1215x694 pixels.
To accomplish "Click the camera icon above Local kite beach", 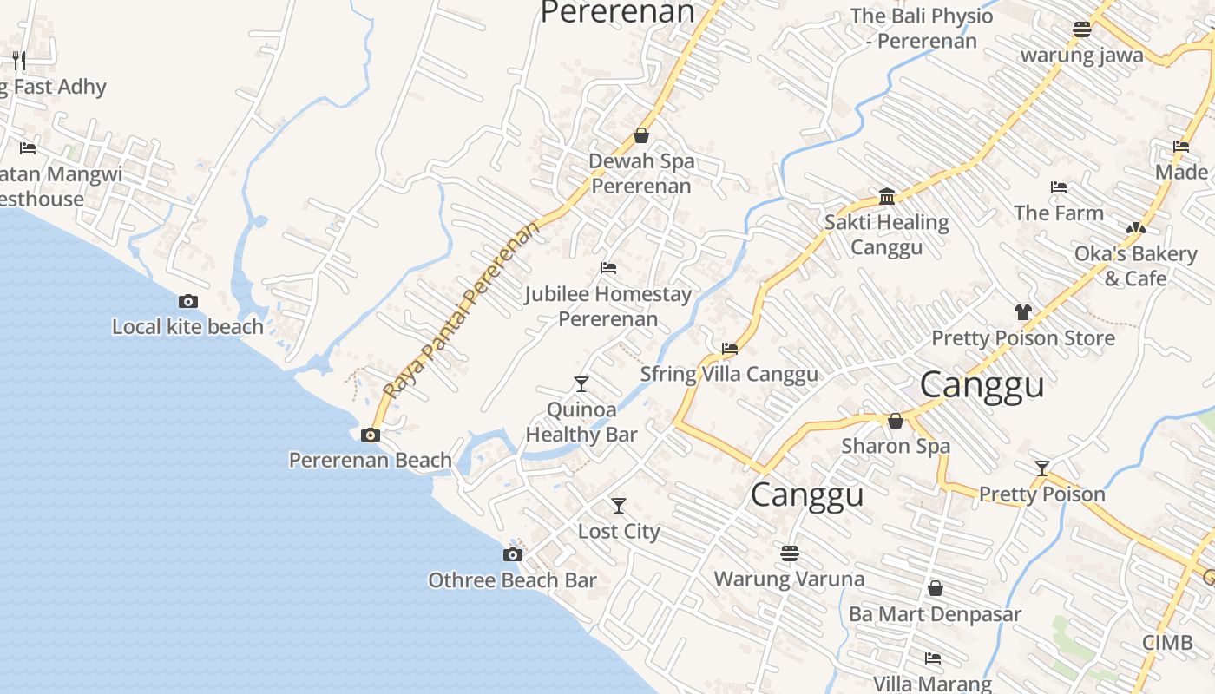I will tap(187, 302).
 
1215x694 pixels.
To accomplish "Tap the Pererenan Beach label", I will tap(371, 460).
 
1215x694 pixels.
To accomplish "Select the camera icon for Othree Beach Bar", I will tap(513, 554).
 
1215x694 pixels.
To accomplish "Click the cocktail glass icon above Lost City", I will tap(619, 506).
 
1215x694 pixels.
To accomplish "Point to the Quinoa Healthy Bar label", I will tap(581, 422).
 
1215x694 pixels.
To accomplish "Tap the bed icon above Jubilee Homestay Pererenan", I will tap(608, 268).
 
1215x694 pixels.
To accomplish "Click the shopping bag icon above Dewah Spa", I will tap(641, 135).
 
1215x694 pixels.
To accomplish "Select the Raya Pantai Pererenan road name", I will tap(460, 310).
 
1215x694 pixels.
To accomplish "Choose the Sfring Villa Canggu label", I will tap(729, 374).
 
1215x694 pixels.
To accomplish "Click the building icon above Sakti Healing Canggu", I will tap(887, 196).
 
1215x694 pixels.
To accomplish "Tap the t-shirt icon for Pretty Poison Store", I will tap(1022, 312).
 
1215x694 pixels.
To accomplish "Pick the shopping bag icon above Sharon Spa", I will tap(896, 421).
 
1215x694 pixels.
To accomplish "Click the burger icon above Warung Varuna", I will tap(789, 553).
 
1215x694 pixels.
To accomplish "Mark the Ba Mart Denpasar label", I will tap(935, 614).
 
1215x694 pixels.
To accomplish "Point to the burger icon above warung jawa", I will tap(1081, 29).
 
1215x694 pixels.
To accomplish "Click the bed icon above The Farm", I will tap(1058, 187).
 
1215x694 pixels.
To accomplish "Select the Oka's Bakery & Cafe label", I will tap(1135, 265).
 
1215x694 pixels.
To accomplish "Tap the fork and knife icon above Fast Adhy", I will tap(19, 61).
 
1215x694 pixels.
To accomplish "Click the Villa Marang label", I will tap(932, 684).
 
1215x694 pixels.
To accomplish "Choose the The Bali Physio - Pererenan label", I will tap(922, 28).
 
